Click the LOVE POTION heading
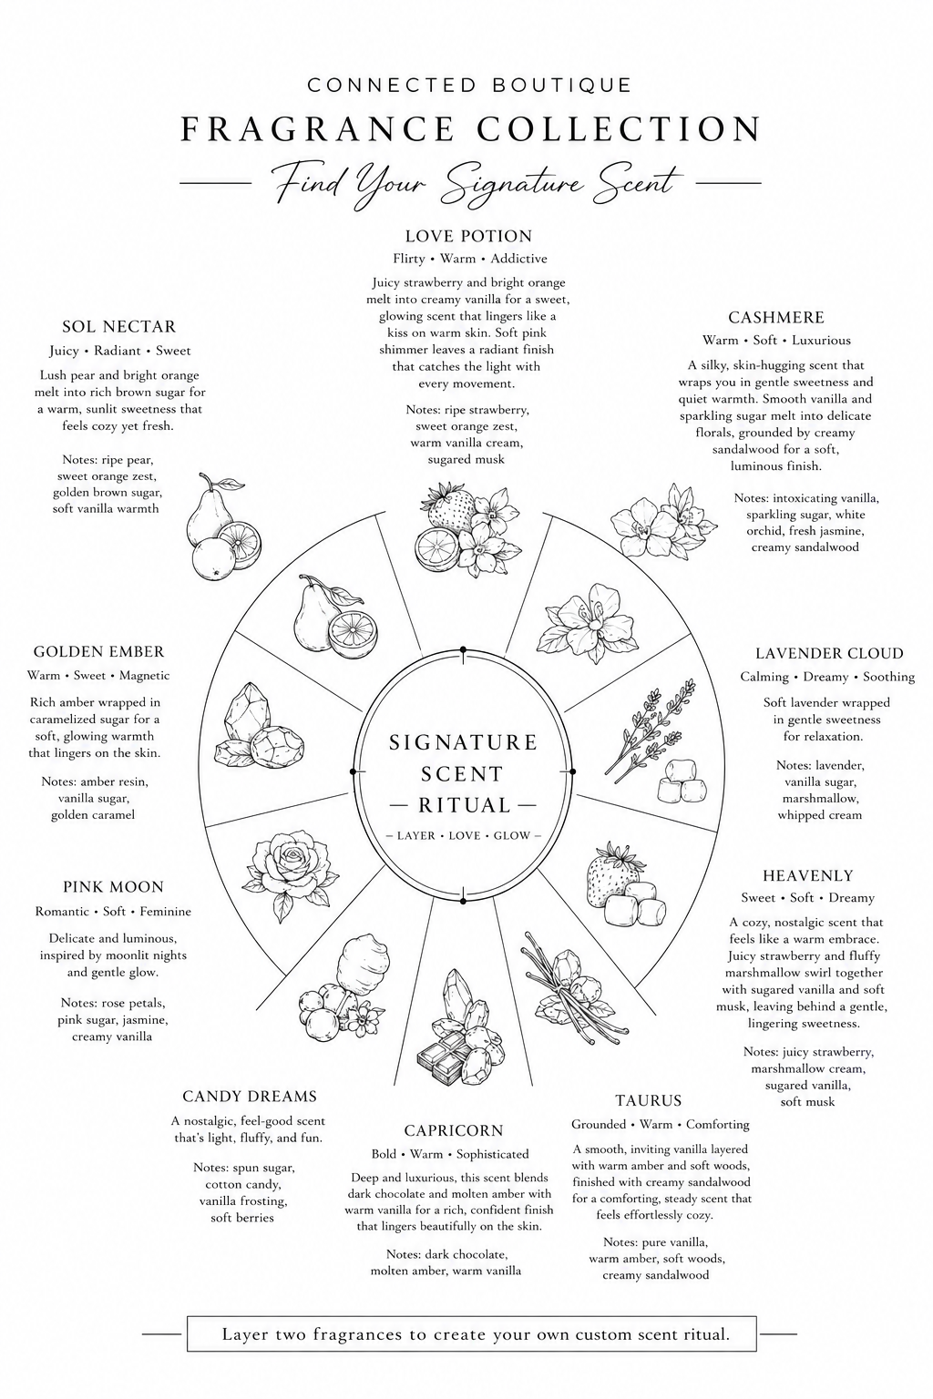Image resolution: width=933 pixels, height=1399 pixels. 468,236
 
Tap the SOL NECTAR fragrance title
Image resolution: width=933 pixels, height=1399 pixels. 118,327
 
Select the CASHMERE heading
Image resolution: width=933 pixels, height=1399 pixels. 776,317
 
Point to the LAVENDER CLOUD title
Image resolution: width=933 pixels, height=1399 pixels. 829,653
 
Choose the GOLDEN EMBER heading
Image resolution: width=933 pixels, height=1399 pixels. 98,651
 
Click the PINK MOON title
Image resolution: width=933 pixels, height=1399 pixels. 113,887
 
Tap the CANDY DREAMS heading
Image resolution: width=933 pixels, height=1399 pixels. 250,1096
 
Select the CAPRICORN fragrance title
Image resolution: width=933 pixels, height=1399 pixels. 454,1130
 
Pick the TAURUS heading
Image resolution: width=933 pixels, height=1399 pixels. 648,1100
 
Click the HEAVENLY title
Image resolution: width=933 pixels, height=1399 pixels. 808,875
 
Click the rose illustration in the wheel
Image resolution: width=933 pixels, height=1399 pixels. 286,875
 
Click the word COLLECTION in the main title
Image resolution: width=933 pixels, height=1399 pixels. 619,128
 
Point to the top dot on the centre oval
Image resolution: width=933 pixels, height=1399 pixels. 463,650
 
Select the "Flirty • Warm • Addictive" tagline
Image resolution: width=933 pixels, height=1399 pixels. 470,259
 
